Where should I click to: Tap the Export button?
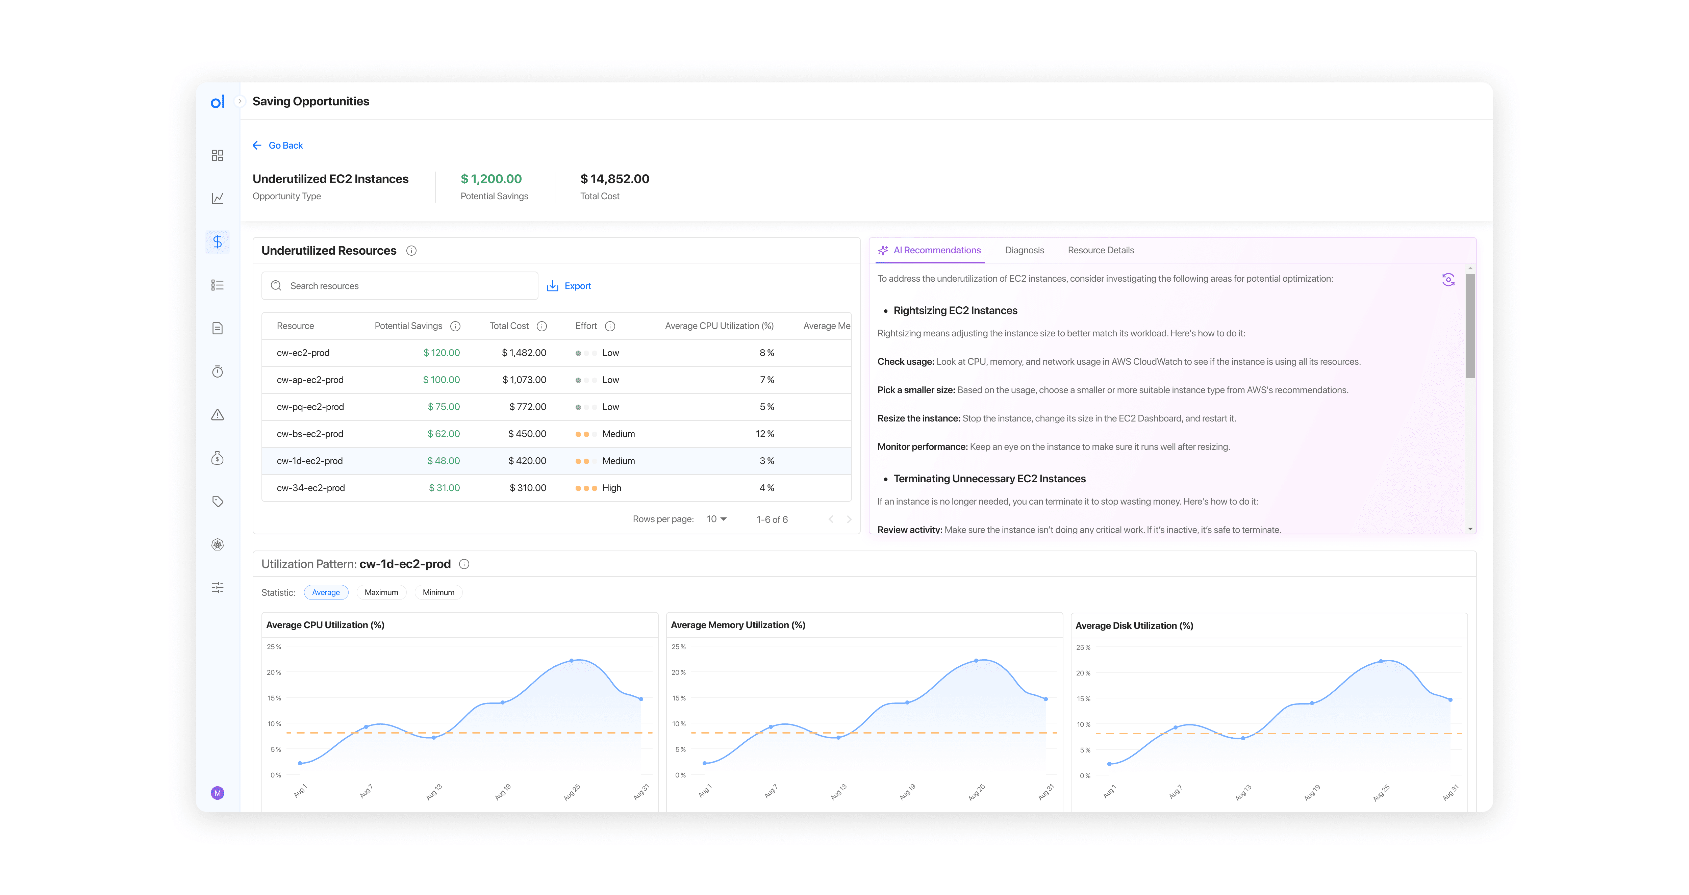569,286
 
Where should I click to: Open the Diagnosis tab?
1024,251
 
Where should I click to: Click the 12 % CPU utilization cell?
764,434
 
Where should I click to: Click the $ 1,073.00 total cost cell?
524,380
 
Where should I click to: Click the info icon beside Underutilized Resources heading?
411,251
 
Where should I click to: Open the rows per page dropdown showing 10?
716,519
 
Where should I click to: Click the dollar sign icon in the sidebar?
218,242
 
